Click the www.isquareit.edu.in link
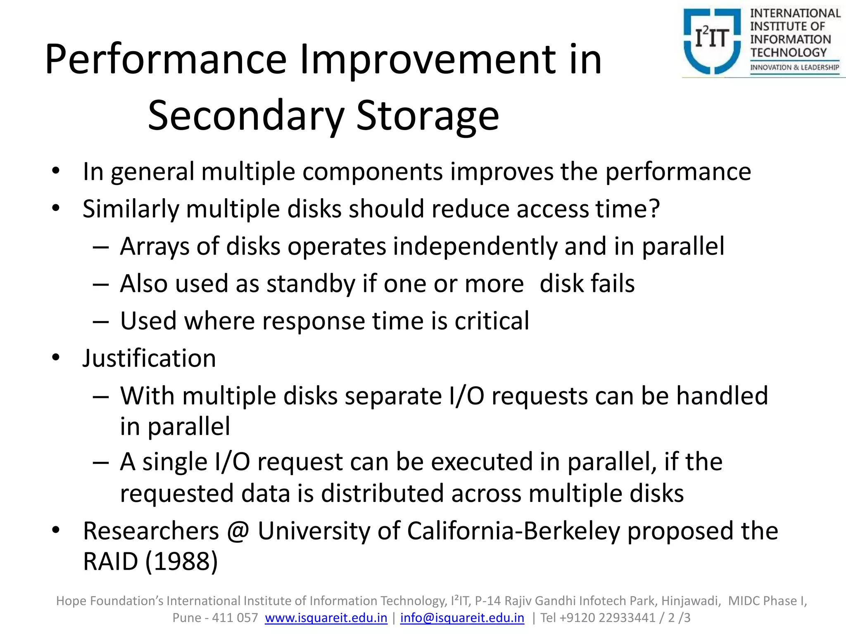tap(326, 618)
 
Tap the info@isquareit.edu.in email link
tap(462, 618)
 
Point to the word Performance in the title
tap(166, 60)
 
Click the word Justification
tap(149, 358)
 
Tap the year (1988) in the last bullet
tap(181, 561)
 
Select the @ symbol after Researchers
tap(238, 531)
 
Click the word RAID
tap(110, 561)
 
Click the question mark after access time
tap(654, 208)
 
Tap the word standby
tap(311, 284)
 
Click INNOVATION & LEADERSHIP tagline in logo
tap(794, 67)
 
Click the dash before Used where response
tap(101, 322)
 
